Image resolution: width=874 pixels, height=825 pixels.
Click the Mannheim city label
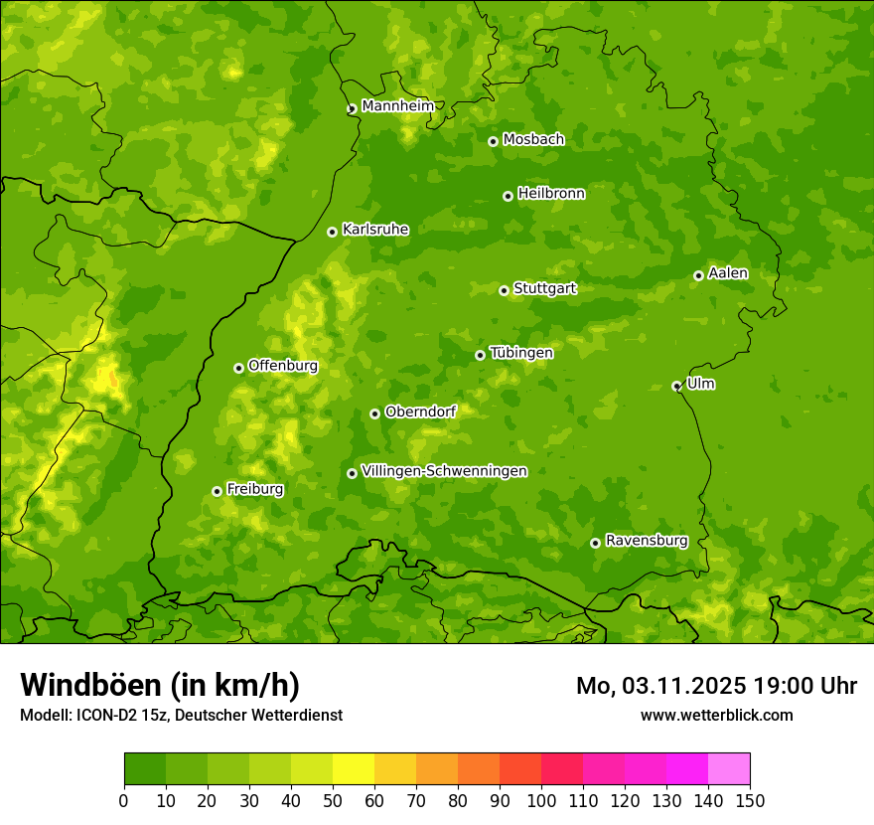[397, 106]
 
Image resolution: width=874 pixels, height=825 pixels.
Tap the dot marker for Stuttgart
[504, 290]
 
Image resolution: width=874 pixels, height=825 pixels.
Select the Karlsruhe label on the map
[375, 230]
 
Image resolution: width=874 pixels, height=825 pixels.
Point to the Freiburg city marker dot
[217, 491]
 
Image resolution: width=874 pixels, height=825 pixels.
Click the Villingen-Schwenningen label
[444, 471]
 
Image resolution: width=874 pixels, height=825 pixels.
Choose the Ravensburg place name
[647, 541]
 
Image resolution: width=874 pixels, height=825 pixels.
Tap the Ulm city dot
[676, 386]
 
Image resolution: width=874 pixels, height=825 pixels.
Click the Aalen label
[728, 273]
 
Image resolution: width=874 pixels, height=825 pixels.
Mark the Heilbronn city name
[551, 194]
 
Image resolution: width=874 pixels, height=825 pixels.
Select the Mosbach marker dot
[493, 141]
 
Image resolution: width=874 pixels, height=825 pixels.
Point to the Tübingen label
[521, 353]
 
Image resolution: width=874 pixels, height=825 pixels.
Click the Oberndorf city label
[421, 412]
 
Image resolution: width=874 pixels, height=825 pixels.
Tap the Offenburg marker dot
[238, 368]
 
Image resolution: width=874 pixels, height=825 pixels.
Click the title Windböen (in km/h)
[160, 685]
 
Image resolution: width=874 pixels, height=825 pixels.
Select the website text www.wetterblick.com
[717, 715]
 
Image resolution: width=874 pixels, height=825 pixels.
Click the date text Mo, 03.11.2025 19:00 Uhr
[716, 686]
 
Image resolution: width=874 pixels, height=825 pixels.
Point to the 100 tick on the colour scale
[541, 800]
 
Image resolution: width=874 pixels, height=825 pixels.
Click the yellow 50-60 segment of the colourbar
[354, 769]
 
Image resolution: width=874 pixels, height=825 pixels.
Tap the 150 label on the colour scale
[750, 800]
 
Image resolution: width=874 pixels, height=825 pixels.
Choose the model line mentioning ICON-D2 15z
[181, 715]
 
